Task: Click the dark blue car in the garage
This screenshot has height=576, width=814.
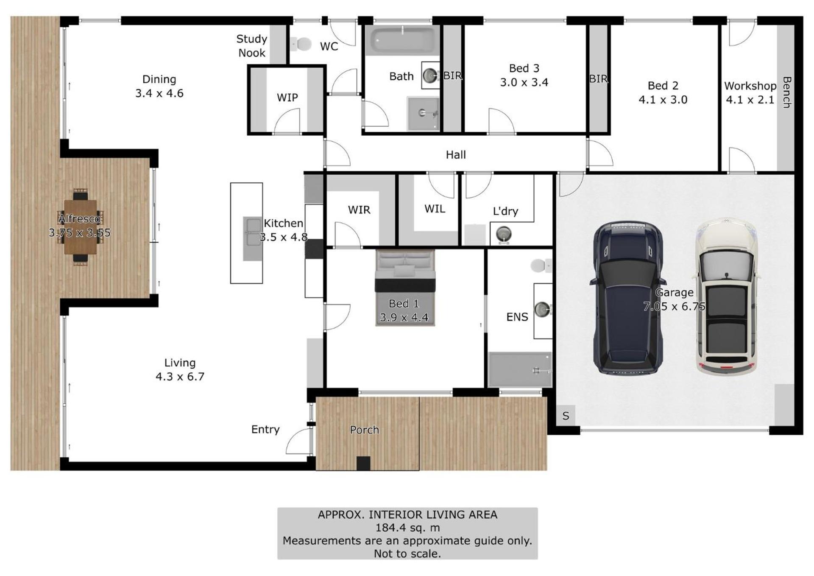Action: click(627, 298)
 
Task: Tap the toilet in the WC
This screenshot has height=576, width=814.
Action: click(301, 44)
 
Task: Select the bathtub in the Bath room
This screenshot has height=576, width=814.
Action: click(402, 40)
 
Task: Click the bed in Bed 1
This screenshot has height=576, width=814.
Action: click(405, 288)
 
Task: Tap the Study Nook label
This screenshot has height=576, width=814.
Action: click(252, 46)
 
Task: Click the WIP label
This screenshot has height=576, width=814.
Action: click(287, 98)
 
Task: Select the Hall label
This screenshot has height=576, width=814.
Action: click(456, 155)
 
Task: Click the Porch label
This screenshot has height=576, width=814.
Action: click(365, 430)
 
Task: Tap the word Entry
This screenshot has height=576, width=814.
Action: click(265, 430)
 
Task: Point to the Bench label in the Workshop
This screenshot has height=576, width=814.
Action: click(787, 92)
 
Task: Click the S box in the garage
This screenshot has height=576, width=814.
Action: click(566, 416)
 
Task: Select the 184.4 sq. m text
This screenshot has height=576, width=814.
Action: click(407, 528)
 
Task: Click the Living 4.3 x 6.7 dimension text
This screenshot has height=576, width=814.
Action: click(180, 377)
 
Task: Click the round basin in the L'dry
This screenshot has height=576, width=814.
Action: click(504, 234)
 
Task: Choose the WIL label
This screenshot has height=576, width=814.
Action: click(435, 209)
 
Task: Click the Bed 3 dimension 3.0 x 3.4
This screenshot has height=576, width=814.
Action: click(524, 82)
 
